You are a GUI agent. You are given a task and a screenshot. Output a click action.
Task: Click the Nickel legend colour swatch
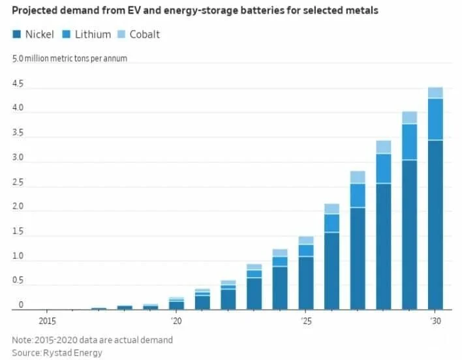[16, 34]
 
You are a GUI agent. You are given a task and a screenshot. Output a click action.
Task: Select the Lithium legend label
[93, 35]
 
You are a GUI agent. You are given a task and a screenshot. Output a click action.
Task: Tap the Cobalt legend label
[145, 35]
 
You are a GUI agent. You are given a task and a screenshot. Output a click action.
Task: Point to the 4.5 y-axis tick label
[18, 83]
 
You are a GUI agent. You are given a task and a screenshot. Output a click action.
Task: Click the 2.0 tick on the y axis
[18, 206]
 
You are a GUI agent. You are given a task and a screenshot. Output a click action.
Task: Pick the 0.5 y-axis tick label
[18, 280]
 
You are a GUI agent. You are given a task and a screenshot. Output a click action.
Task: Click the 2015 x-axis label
[47, 321]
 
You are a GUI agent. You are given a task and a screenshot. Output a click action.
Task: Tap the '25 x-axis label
[306, 321]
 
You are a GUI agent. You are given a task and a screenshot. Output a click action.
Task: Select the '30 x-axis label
[435, 321]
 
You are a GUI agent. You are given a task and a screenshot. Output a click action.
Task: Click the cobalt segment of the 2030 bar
[435, 93]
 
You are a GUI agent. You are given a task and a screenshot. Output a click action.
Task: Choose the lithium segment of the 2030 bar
[435, 119]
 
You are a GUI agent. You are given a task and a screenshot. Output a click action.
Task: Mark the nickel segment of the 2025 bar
[306, 283]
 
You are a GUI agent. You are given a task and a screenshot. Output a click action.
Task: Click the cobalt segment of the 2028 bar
[384, 147]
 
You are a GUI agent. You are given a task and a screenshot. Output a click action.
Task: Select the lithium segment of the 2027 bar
[358, 196]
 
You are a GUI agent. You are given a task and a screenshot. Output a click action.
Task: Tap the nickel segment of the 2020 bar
[176, 306]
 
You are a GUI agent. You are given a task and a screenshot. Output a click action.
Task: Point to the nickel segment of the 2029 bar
[410, 235]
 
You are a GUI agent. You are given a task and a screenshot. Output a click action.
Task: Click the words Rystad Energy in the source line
[73, 353]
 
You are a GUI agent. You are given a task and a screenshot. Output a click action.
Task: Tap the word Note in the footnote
[22, 340]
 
